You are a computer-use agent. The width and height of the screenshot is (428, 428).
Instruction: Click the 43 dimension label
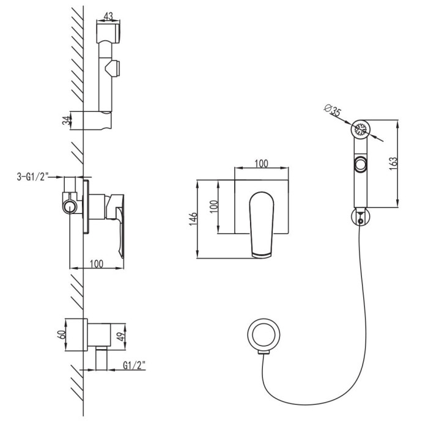point(108,16)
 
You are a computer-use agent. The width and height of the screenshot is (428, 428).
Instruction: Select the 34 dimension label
point(66,120)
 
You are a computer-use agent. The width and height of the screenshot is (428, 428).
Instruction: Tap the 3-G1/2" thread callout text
point(32,177)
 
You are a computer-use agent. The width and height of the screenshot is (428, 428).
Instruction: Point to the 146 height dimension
point(193,218)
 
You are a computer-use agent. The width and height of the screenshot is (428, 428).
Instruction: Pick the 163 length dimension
point(393,164)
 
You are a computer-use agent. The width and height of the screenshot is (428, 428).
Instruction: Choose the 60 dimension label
point(61,334)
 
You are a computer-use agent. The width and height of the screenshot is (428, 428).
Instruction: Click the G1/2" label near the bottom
point(134,365)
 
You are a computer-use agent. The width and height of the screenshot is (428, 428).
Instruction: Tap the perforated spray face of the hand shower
point(360,129)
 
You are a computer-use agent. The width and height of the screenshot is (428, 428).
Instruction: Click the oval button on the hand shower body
point(361,164)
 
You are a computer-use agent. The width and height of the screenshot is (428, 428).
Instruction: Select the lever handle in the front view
point(262,224)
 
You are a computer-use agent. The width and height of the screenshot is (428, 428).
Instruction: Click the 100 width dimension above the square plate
point(261,164)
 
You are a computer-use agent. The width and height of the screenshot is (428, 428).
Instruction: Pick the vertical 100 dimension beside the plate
point(214,207)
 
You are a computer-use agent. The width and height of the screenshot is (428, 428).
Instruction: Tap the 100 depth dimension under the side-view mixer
point(97,264)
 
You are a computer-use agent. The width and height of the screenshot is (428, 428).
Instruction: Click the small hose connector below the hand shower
point(360,216)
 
